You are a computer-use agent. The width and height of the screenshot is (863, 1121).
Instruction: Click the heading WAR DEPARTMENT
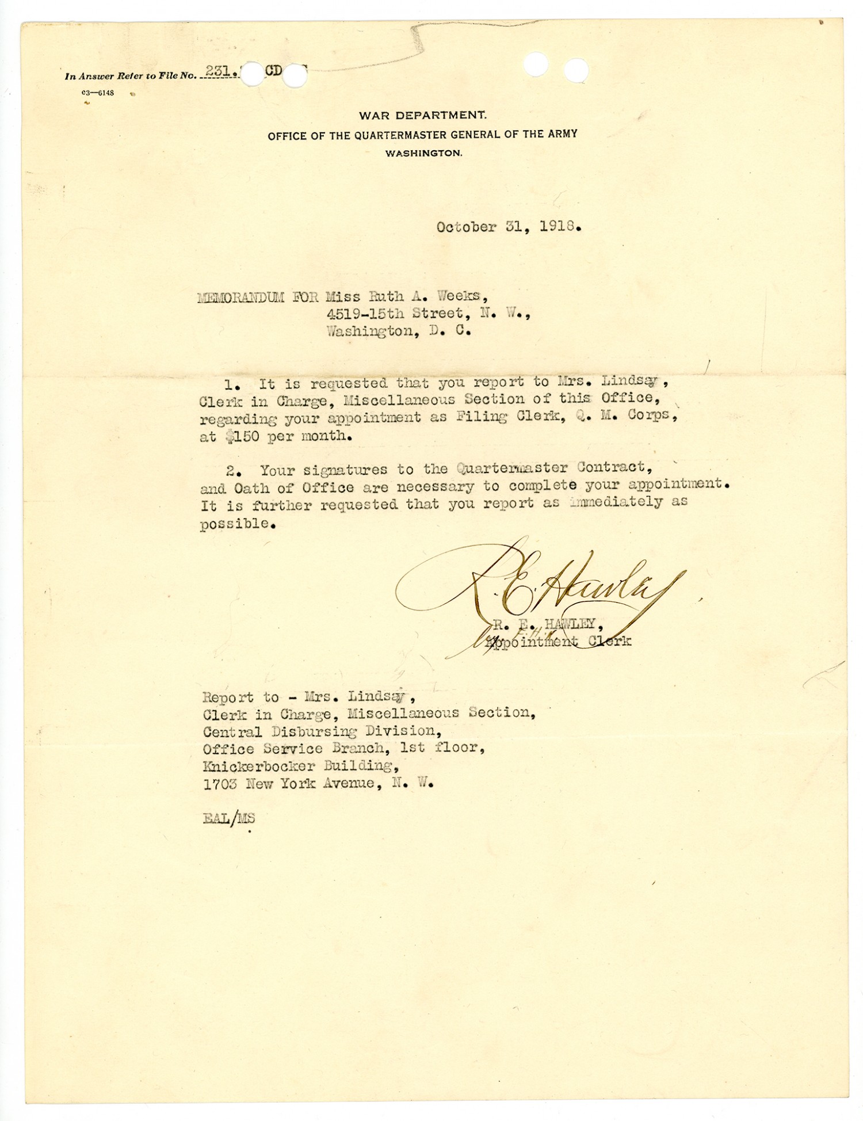point(422,115)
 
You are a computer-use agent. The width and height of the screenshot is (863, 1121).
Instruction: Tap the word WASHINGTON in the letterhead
point(423,154)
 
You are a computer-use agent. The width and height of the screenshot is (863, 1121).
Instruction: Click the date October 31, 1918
point(508,227)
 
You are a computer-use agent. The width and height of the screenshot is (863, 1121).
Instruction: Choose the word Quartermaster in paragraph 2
point(513,467)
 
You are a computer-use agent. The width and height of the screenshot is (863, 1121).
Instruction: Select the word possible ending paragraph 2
point(234,524)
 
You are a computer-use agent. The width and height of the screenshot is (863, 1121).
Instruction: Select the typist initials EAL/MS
point(228,818)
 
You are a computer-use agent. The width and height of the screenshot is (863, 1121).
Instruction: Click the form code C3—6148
point(98,93)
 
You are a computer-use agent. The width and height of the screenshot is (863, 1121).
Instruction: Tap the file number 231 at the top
point(218,71)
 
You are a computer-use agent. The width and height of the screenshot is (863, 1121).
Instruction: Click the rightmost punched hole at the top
point(576,71)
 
